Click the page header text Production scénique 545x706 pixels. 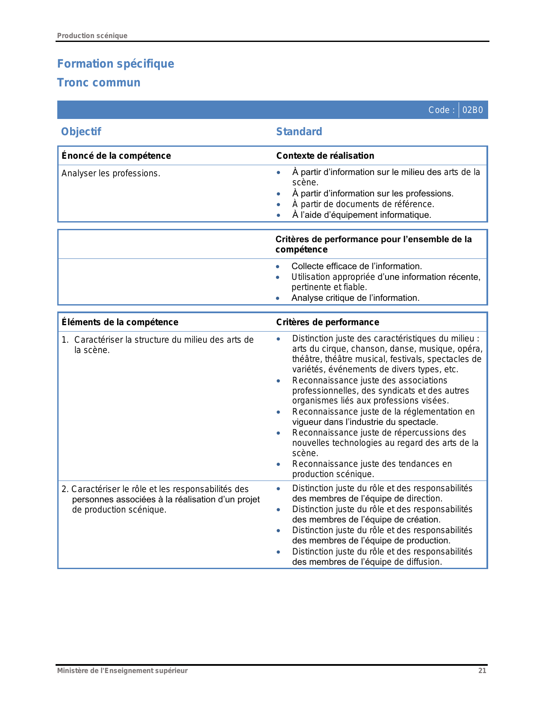pyautogui.click(x=92, y=36)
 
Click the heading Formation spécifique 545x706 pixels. pyautogui.click(x=115, y=64)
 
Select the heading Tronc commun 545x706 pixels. pyautogui.click(x=99, y=83)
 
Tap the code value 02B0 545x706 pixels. pyautogui.click(x=472, y=110)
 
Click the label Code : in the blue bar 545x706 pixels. pyautogui.click(x=441, y=110)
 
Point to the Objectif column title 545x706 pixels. pyautogui.click(x=81, y=131)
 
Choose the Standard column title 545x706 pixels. pyautogui.click(x=299, y=131)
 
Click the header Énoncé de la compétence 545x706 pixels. pyautogui.click(x=116, y=156)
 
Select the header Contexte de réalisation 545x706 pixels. pyautogui.click(x=325, y=156)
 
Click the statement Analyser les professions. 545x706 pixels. pyautogui.click(x=111, y=173)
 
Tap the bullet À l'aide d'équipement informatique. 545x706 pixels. pyautogui.click(x=362, y=215)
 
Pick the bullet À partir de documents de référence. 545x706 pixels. pyautogui.click(x=363, y=204)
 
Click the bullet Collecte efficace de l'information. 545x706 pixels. pyautogui.click(x=356, y=266)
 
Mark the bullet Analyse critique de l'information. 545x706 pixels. pyautogui.click(x=355, y=298)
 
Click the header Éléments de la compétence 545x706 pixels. pyautogui.click(x=120, y=322)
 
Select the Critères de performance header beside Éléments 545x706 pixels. pyautogui.click(x=327, y=322)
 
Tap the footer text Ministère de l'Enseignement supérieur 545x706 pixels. pyautogui.click(x=122, y=670)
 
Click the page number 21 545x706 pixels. pyautogui.click(x=482, y=670)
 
